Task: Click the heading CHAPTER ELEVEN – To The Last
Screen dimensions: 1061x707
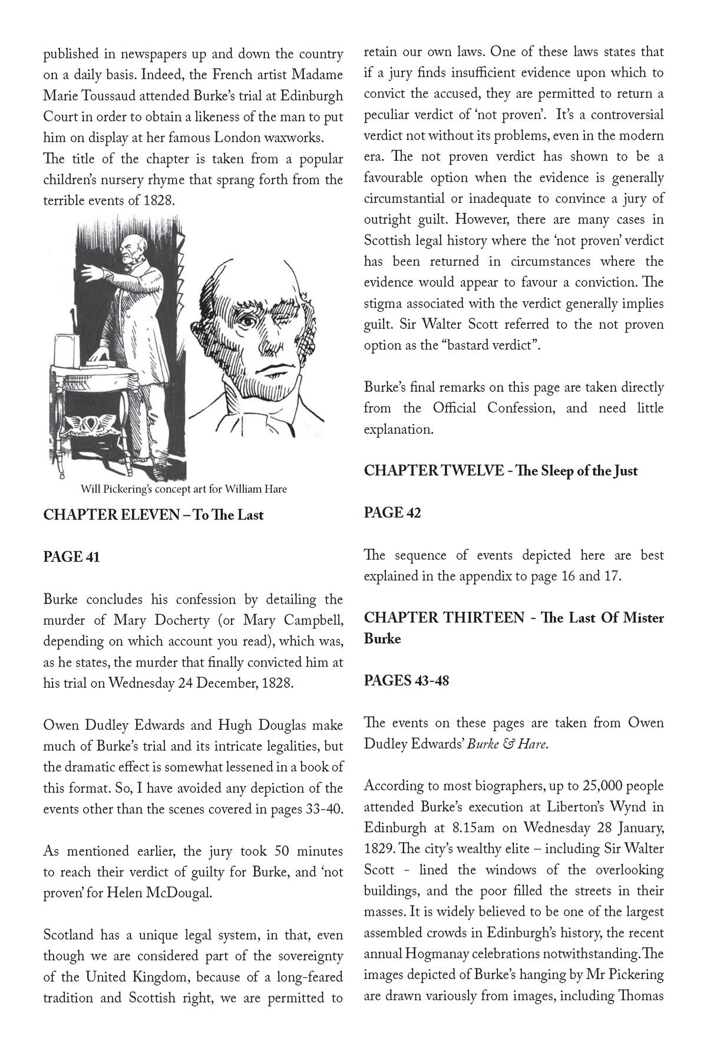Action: click(x=153, y=515)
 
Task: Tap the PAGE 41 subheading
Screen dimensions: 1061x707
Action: click(x=71, y=556)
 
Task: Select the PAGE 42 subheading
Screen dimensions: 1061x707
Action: click(x=392, y=512)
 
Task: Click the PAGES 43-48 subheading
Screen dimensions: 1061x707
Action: click(x=406, y=680)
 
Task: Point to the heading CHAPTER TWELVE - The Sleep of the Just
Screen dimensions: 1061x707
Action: click(x=500, y=470)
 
